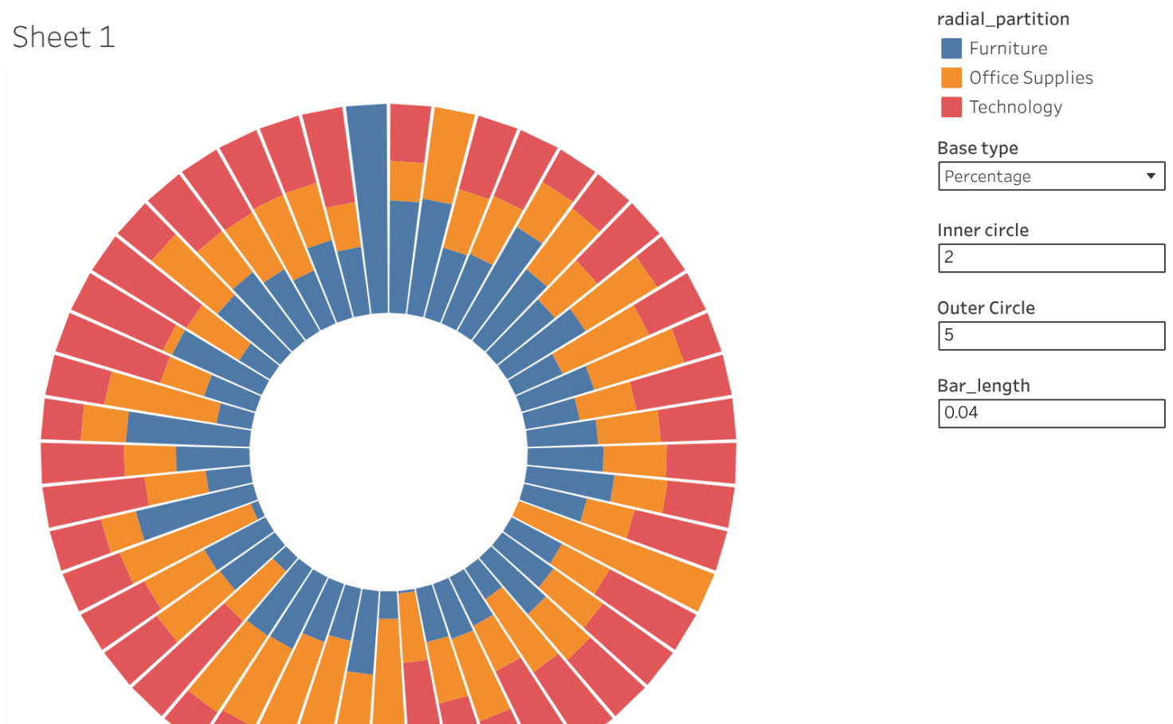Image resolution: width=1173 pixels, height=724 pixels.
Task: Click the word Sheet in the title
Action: click(x=52, y=37)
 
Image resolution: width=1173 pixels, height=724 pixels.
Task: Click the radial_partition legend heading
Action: click(x=1002, y=19)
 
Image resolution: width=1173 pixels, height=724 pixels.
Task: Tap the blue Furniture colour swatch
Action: click(x=951, y=49)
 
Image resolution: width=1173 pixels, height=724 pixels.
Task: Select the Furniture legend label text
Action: click(x=1008, y=49)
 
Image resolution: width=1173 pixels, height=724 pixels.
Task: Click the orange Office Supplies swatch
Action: click(x=951, y=77)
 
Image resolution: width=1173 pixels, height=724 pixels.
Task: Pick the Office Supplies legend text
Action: click(x=1030, y=77)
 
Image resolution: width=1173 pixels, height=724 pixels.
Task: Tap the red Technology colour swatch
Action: click(x=951, y=107)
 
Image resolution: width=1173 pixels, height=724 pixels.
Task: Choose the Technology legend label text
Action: click(x=1015, y=107)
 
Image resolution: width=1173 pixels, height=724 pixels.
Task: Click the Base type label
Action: click(x=977, y=148)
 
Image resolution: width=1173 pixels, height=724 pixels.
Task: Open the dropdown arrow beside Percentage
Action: click(x=1151, y=176)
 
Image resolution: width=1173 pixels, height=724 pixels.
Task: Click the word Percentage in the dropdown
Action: click(x=987, y=176)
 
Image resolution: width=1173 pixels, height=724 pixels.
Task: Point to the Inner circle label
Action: click(x=983, y=230)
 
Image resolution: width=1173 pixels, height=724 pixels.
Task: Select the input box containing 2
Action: click(x=1051, y=258)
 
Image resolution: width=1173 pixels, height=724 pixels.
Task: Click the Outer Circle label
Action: click(x=986, y=308)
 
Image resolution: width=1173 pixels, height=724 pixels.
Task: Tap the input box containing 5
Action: click(x=1051, y=336)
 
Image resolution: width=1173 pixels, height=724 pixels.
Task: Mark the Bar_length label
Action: click(x=983, y=386)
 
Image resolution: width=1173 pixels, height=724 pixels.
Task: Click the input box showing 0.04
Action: click(x=1051, y=413)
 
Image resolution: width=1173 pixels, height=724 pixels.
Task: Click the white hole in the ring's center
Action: click(x=388, y=451)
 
